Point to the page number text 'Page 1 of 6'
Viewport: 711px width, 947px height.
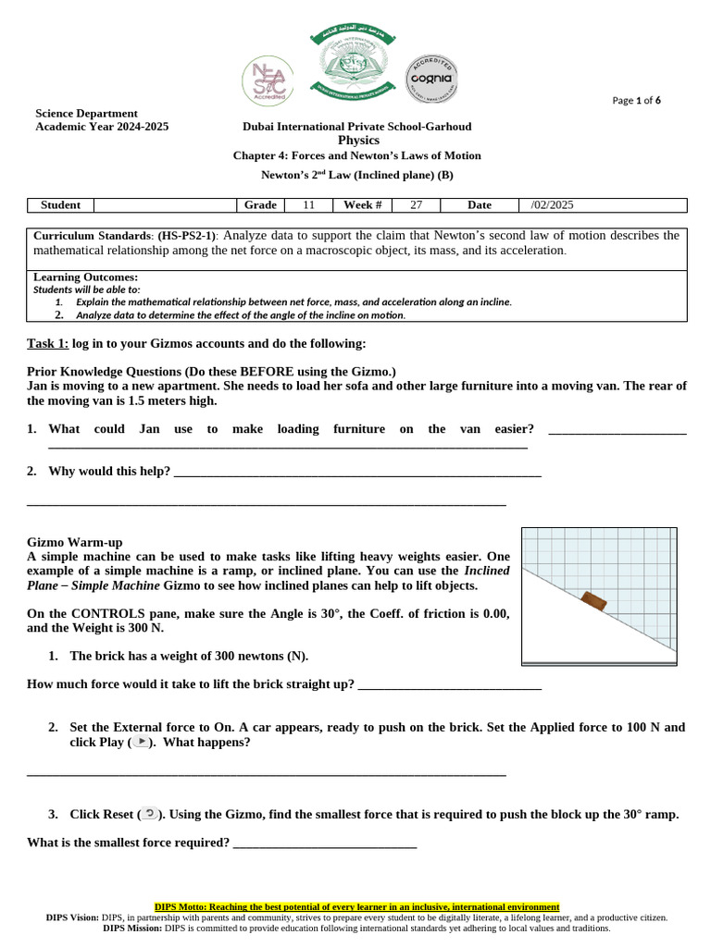pos(637,101)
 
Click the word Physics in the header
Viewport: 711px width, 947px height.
pos(358,141)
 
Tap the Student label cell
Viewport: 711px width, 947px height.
pos(61,204)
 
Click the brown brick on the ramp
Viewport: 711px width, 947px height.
pos(592,601)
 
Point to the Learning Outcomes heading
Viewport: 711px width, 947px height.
pos(85,277)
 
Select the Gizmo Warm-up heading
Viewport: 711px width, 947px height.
pos(75,542)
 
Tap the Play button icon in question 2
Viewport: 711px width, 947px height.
pos(139,743)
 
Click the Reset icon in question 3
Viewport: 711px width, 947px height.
pos(150,814)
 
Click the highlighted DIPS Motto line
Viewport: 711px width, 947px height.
pos(356,907)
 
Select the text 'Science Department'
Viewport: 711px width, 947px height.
pos(86,113)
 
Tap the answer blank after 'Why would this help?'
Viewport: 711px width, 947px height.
pos(356,472)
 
